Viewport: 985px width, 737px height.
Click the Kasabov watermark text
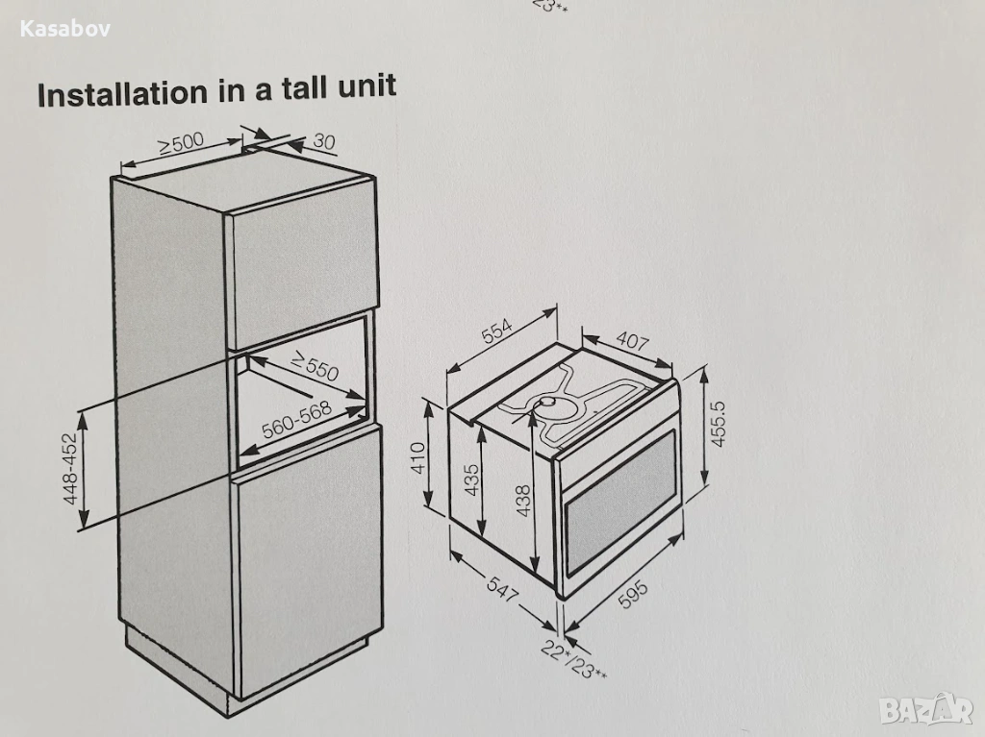coord(64,29)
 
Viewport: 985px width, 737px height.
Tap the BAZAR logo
coord(926,709)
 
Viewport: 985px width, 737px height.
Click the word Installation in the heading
coord(122,93)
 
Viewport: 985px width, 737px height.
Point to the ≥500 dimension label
coord(180,143)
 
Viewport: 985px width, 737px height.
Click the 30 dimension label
coord(323,141)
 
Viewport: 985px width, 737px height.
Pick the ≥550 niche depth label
coord(315,366)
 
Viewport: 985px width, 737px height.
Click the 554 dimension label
coord(497,332)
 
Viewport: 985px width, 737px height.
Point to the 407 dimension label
coord(632,341)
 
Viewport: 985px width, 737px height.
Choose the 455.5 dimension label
coord(718,425)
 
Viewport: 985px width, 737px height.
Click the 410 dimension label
coord(417,457)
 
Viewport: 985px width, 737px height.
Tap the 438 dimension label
coord(522,501)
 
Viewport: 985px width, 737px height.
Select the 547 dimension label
coord(502,589)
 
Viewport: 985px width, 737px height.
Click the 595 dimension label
coord(633,595)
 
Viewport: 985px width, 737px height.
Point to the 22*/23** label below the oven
coord(573,660)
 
